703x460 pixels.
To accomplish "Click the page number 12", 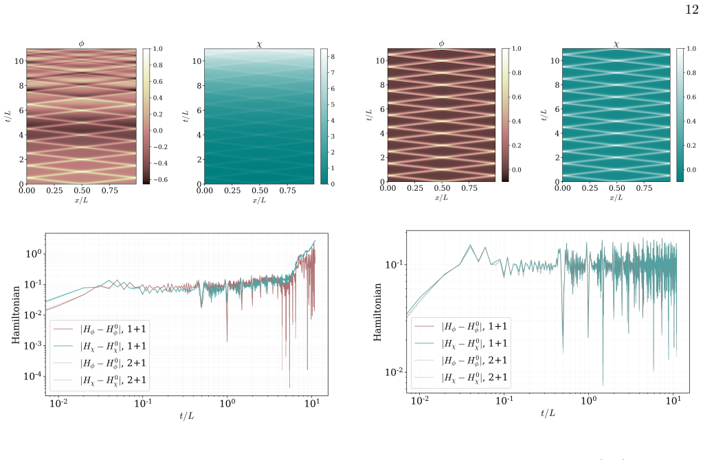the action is [692, 10].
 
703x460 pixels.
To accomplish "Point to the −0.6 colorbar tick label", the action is [159, 180].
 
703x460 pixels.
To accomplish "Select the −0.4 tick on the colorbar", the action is [159, 163].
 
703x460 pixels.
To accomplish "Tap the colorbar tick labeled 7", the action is [333, 73].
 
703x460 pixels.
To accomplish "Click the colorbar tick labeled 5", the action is [333, 104].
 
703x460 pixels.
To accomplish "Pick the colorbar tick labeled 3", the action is [333, 136].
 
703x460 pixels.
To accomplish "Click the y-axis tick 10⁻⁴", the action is [32, 376].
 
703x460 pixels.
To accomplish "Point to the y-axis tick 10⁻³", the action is [32, 345].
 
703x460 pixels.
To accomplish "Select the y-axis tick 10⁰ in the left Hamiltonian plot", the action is [34, 253].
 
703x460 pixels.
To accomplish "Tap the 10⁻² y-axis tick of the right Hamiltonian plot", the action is [394, 371].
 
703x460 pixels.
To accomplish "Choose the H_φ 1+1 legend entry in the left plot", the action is [100, 330].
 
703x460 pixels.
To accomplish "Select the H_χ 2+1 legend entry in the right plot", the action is [461, 378].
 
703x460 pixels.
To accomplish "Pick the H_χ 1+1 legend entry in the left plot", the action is [100, 346].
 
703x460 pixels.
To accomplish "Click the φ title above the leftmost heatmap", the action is [81, 43].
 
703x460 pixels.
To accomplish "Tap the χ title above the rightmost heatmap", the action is [616, 44].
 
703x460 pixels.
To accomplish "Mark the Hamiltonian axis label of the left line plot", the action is [16, 315].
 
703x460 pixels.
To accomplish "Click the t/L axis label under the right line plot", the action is [548, 413].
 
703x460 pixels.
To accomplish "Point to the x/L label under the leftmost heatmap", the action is [81, 200].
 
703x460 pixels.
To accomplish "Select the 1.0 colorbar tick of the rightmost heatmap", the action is [691, 48].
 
